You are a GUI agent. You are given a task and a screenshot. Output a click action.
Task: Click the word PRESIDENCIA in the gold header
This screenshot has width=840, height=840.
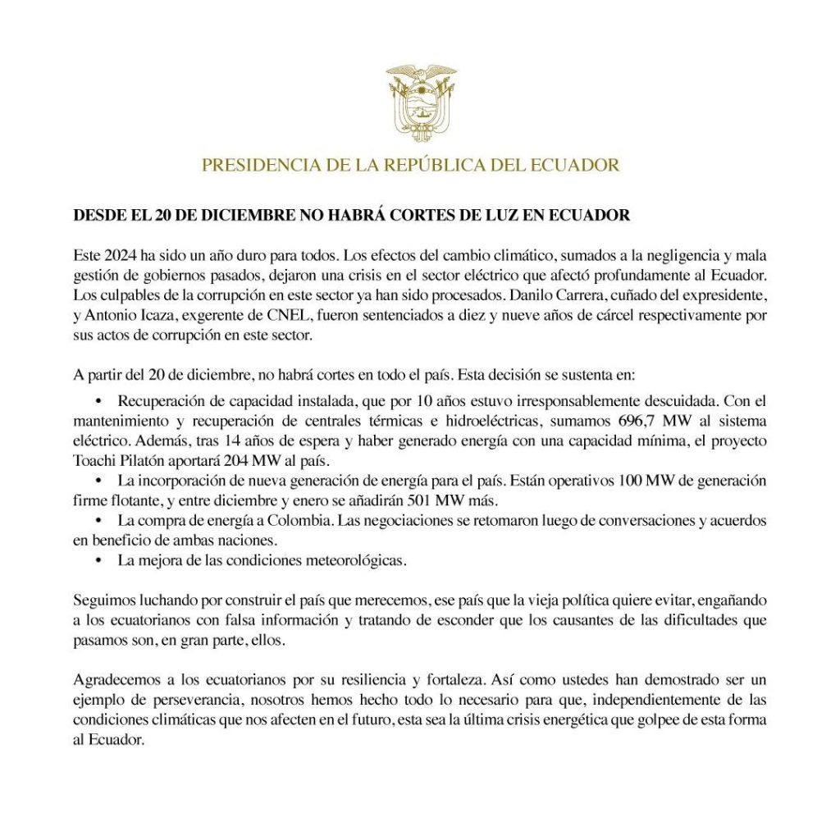pos(250,165)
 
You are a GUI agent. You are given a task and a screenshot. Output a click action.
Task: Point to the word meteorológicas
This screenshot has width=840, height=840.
pos(353,560)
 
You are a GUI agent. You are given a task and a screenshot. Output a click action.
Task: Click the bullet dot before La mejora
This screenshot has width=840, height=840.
pos(98,560)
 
